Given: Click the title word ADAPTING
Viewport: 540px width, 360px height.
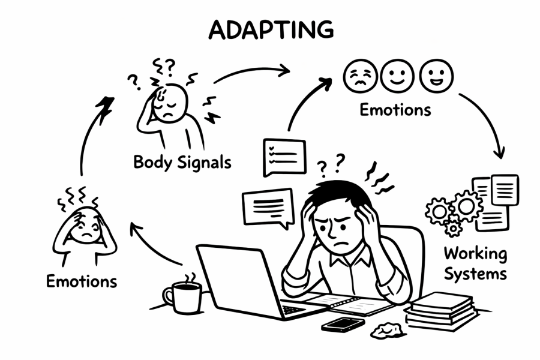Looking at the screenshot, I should (271, 29).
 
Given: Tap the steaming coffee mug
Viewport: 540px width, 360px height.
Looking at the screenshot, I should (182, 296).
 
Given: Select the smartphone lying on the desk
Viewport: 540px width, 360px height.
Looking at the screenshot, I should (343, 324).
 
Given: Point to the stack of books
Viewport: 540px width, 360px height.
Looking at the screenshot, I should (440, 309).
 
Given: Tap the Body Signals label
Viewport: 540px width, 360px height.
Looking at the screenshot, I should (182, 162).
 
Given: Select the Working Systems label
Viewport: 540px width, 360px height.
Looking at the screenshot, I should (475, 263).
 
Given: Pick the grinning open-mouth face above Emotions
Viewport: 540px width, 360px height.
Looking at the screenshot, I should (436, 76).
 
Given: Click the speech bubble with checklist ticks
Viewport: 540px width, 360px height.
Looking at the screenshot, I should (284, 157).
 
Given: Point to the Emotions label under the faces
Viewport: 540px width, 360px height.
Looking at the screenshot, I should (395, 110).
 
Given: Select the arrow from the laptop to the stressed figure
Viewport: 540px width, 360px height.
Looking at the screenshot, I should (154, 243).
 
